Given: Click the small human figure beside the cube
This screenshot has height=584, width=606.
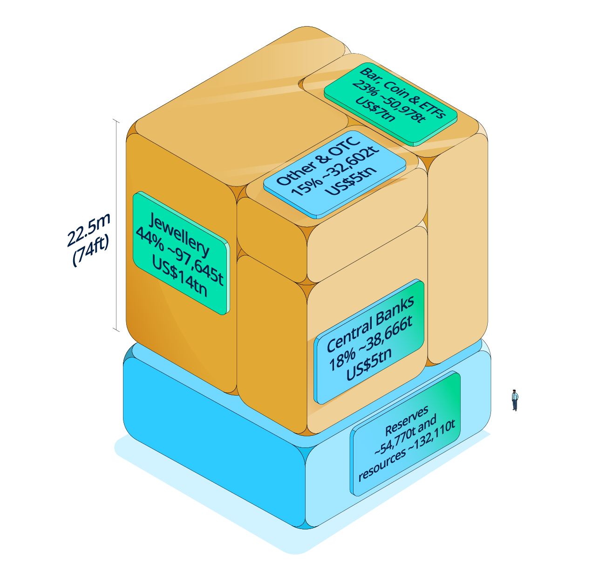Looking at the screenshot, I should (x=515, y=400).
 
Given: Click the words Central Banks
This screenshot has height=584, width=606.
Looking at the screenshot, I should (x=370, y=324).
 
